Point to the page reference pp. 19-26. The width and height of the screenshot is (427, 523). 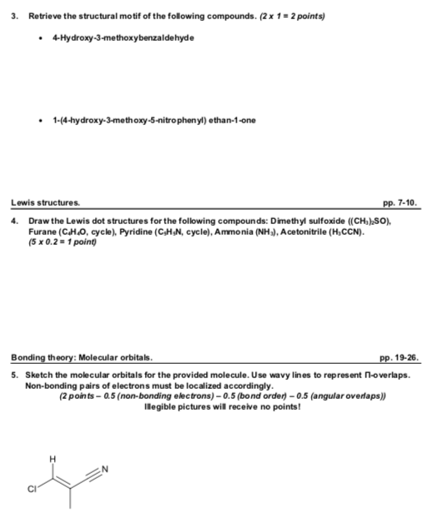396,358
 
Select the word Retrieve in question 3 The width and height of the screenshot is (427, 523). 44,16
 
